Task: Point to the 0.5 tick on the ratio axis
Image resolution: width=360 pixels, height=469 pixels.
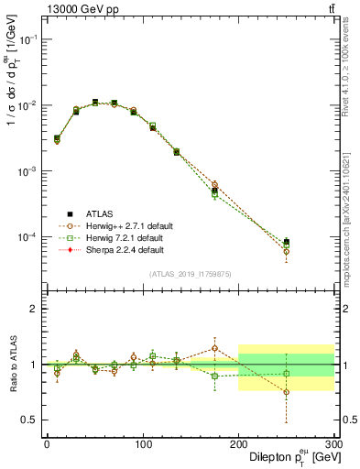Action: point(32,420)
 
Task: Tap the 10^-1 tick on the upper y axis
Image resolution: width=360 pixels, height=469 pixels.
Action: point(30,39)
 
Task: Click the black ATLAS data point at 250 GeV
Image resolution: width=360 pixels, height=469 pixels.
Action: point(286,242)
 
